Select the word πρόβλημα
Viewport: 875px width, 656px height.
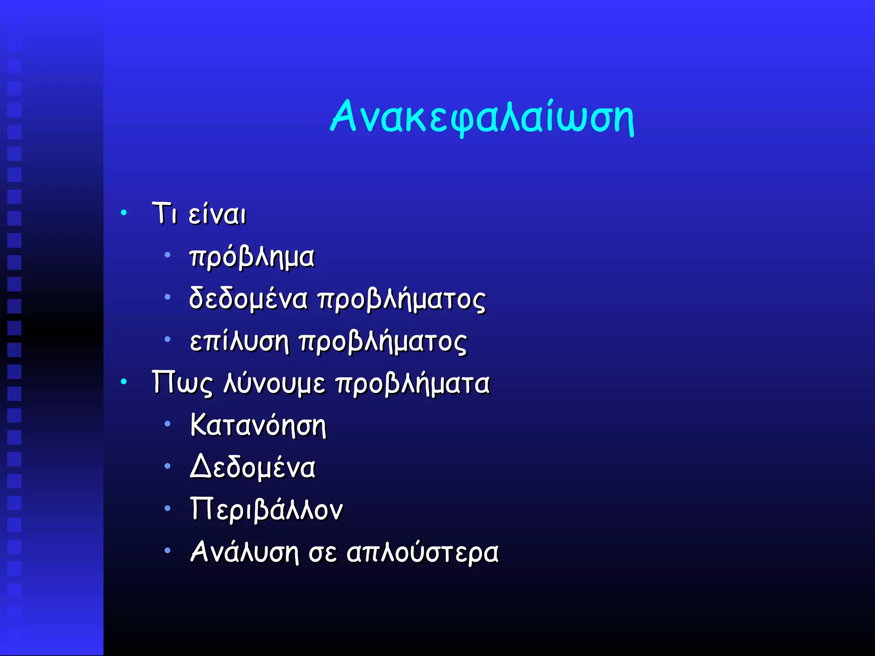tap(252, 257)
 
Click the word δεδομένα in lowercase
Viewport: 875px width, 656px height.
tap(248, 299)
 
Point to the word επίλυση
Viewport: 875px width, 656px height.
tap(239, 342)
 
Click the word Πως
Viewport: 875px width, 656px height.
tap(182, 383)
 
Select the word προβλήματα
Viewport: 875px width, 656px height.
tap(413, 383)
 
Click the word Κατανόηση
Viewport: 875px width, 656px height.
tap(258, 425)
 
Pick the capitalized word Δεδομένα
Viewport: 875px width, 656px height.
tap(253, 467)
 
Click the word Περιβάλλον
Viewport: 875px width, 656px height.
tap(266, 510)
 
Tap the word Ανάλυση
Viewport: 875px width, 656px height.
tap(244, 552)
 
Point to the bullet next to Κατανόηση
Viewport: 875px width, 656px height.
tap(167, 424)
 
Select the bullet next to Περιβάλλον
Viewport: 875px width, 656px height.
tap(167, 508)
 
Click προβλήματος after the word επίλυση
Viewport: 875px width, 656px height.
tap(383, 342)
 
